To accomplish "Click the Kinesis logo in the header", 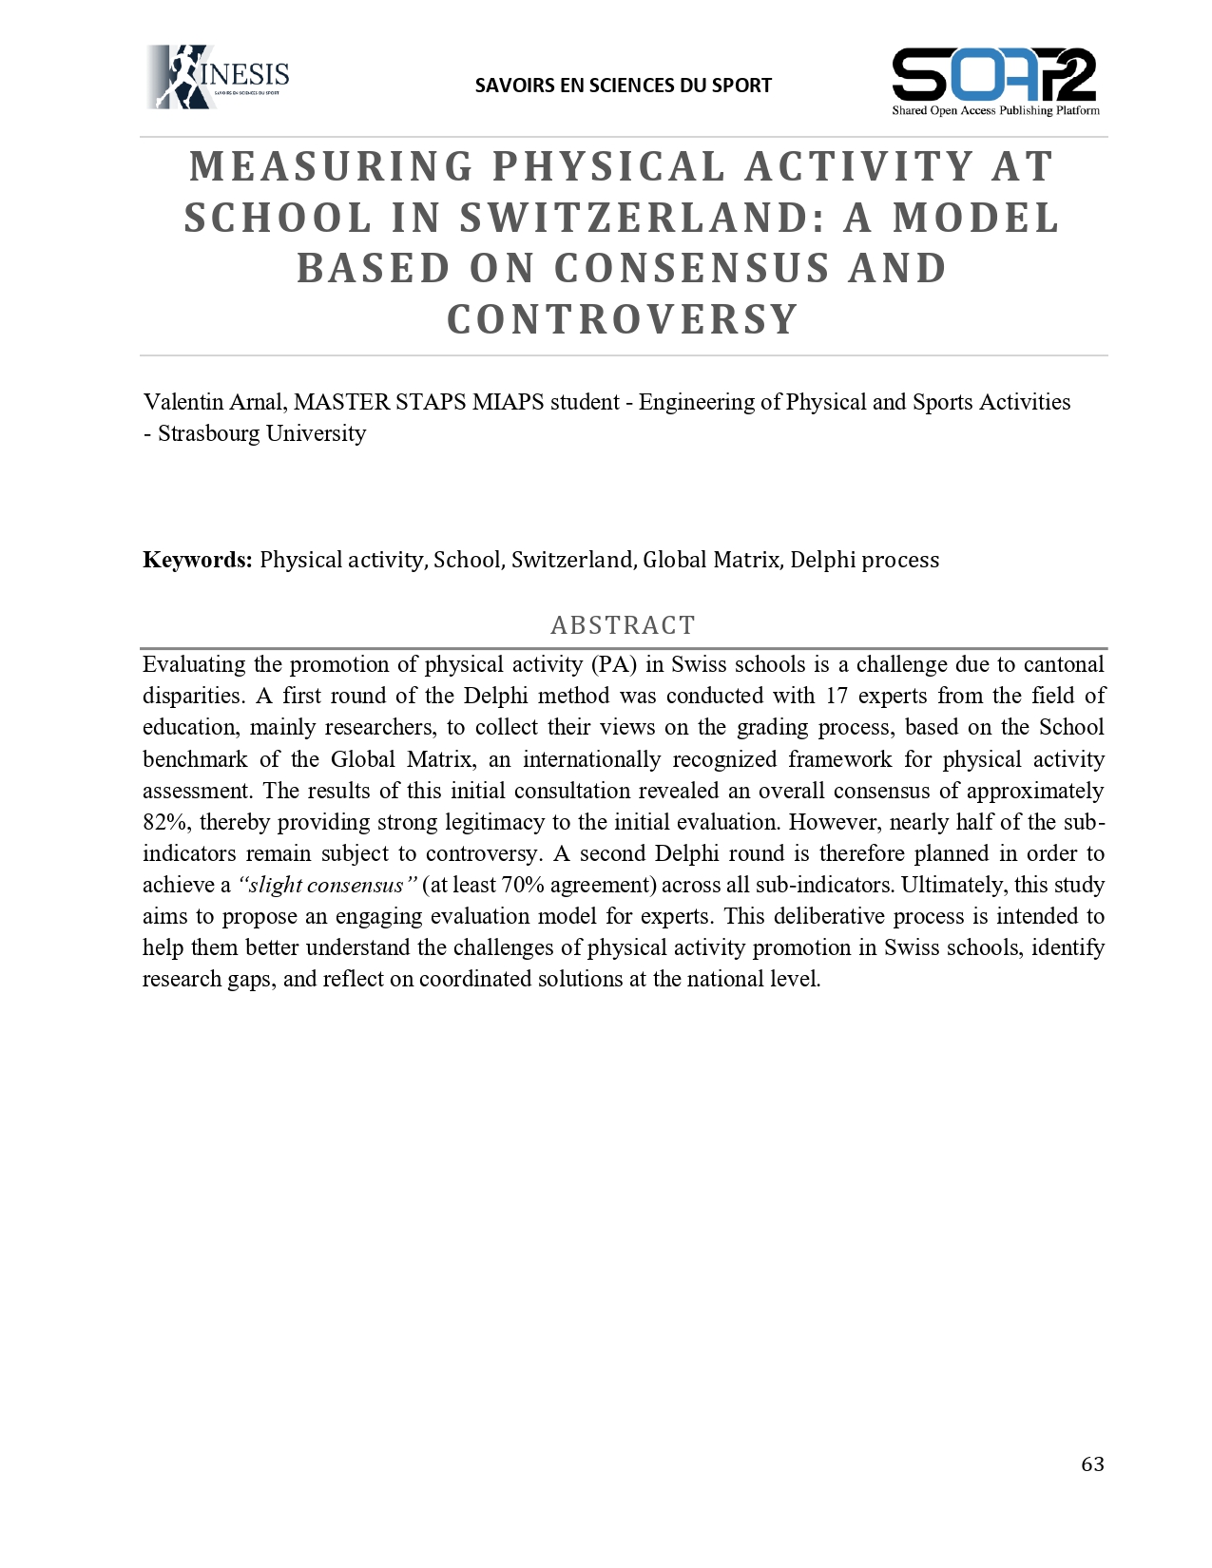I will pyautogui.click(x=219, y=77).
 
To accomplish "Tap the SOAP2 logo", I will pyautogui.click(x=994, y=81).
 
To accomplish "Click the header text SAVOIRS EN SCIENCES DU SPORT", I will pyautogui.click(x=623, y=86).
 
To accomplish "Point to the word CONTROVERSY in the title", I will pyautogui.click(x=623, y=320).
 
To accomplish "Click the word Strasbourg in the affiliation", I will pyautogui.click(x=208, y=433).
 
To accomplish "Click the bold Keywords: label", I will pyautogui.click(x=197, y=560).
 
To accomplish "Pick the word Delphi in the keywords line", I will pyautogui.click(x=824, y=560).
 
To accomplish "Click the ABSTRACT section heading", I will pyautogui.click(x=623, y=625).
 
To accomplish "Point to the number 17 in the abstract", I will pyautogui.click(x=836, y=696).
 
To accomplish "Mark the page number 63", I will pyautogui.click(x=1092, y=1464).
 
